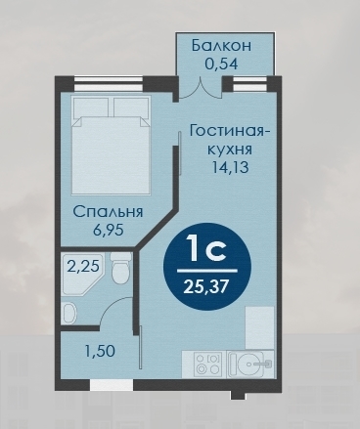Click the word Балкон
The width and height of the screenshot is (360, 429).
(221, 45)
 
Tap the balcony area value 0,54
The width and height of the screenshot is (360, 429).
(221, 64)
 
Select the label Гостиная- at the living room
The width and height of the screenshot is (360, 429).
(230, 131)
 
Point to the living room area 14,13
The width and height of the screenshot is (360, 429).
(230, 167)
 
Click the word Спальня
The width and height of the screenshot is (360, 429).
(108, 212)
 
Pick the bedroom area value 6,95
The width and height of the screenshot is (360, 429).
(109, 231)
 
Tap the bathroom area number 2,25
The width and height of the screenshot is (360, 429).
(83, 267)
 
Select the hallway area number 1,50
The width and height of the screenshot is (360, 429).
(100, 351)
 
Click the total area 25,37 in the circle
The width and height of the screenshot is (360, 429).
(205, 287)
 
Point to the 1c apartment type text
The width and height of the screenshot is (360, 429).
(205, 250)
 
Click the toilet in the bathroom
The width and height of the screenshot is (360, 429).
(121, 268)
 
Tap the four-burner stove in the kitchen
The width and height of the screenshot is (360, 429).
(207, 364)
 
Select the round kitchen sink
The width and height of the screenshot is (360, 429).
(248, 364)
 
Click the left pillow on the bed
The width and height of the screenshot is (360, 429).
(91, 107)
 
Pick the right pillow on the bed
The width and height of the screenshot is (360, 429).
(131, 107)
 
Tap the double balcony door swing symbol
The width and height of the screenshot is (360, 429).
(200, 89)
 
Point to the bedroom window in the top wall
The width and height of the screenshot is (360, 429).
(109, 83)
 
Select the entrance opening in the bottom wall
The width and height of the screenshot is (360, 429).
(112, 385)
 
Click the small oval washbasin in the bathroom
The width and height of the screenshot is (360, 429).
(68, 313)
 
